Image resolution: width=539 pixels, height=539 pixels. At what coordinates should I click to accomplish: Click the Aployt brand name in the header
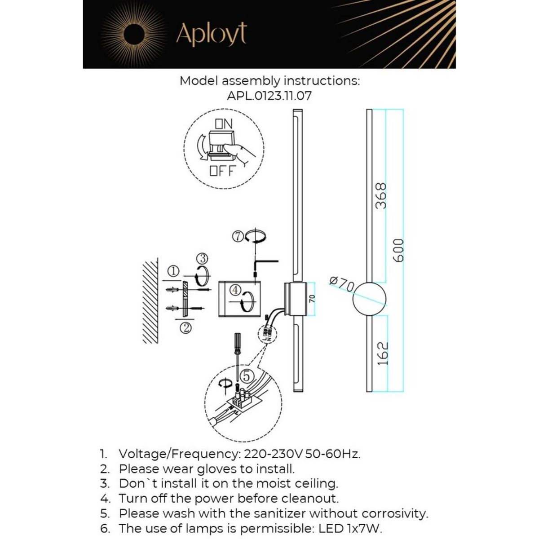[x=211, y=34]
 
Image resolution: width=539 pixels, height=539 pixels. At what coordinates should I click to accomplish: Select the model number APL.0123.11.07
[x=269, y=96]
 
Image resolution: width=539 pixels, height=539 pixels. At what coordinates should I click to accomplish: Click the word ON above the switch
[x=224, y=124]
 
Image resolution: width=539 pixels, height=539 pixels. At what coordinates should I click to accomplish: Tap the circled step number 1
[x=174, y=271]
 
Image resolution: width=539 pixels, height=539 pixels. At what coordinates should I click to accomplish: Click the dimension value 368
[x=381, y=196]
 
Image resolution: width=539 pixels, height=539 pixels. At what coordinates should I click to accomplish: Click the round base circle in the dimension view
[x=369, y=298]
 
